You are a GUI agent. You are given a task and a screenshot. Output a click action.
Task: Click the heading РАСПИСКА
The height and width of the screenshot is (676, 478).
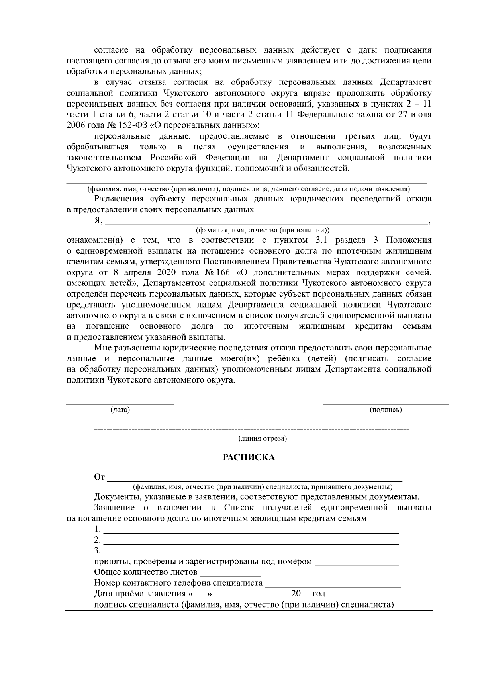point(249,457)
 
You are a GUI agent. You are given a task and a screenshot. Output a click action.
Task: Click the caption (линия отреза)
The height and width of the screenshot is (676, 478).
point(263,438)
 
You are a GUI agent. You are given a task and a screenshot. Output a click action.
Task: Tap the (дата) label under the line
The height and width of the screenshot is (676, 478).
point(120,410)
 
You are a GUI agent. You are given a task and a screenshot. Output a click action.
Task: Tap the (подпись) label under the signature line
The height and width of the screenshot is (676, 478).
point(385,410)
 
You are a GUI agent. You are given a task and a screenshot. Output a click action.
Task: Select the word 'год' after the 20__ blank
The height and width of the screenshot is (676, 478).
point(319,594)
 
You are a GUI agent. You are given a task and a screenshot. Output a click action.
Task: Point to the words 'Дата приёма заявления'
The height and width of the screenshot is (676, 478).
point(139,594)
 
